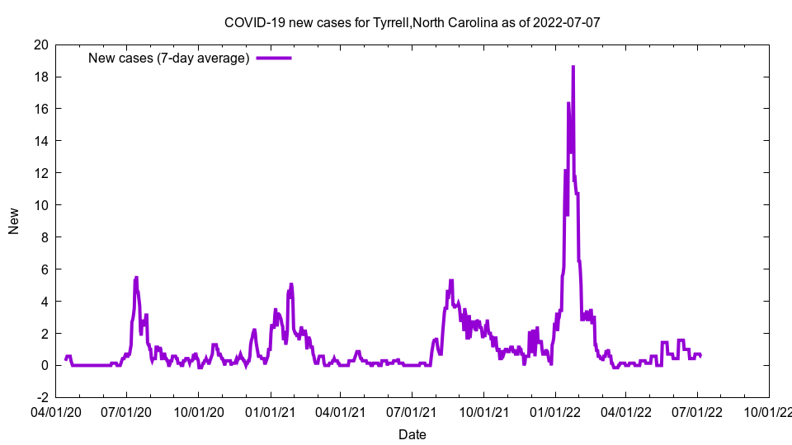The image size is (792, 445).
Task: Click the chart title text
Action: pyautogui.click(x=412, y=22)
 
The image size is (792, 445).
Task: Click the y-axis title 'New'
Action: pyautogui.click(x=14, y=221)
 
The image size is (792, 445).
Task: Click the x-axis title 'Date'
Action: pyautogui.click(x=412, y=434)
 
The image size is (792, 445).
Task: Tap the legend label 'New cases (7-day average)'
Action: pyautogui.click(x=169, y=58)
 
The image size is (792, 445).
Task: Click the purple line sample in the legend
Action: pyautogui.click(x=274, y=58)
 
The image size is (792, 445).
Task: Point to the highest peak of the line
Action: pyautogui.click(x=573, y=67)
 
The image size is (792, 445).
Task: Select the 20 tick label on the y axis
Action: pyautogui.click(x=40, y=44)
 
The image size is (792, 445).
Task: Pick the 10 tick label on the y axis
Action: pyautogui.click(x=40, y=205)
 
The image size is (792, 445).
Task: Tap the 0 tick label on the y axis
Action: pyautogui.click(x=44, y=365)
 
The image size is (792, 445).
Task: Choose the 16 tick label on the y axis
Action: pyautogui.click(x=40, y=109)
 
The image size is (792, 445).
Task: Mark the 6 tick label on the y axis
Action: pyautogui.click(x=44, y=269)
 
